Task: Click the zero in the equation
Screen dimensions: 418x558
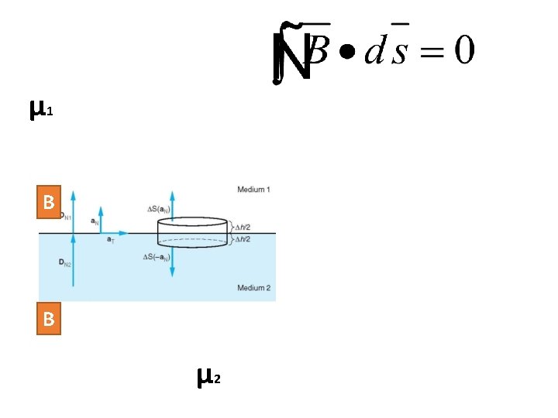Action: [463, 51]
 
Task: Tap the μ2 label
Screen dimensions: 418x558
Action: [209, 377]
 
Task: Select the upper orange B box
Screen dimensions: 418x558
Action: [49, 203]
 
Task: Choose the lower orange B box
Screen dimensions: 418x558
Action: [49, 319]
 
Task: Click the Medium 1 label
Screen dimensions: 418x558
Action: [253, 190]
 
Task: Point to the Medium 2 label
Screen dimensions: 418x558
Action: [253, 288]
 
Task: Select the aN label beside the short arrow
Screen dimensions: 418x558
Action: [95, 221]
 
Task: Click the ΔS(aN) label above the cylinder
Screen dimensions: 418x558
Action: [158, 209]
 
